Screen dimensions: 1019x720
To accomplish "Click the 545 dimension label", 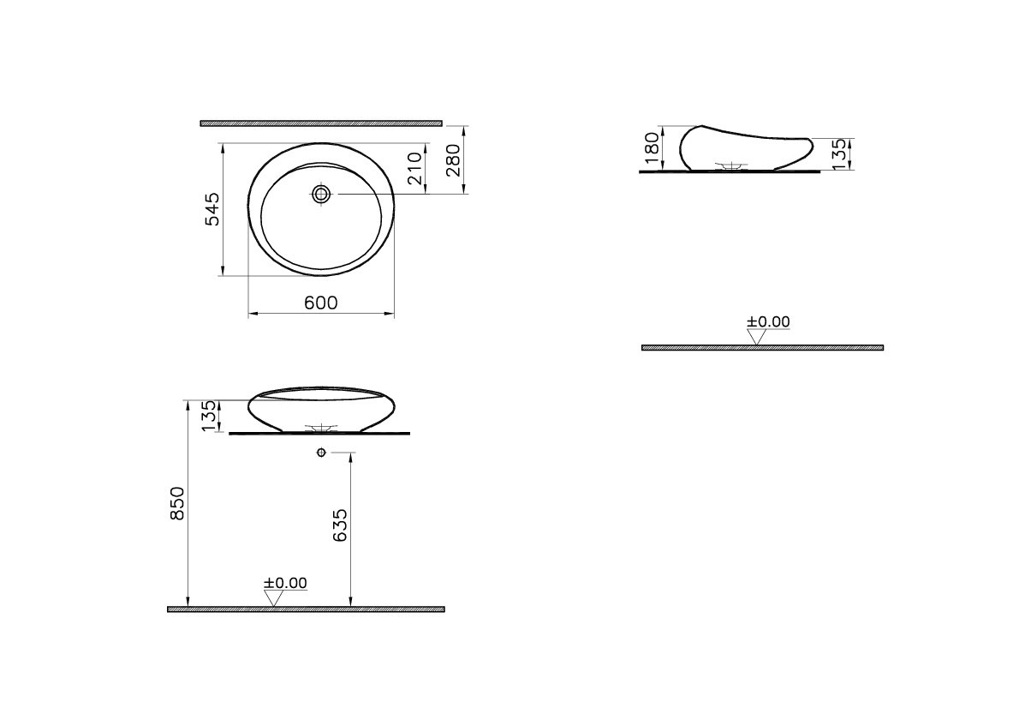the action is [x=212, y=209].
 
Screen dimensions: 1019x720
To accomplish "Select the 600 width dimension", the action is [x=321, y=303].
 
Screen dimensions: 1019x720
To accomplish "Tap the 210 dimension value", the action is [x=415, y=169].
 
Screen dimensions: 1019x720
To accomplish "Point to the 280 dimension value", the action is [x=453, y=160].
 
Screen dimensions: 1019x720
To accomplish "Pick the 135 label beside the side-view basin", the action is [x=840, y=154].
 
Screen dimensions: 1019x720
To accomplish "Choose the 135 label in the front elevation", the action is [x=209, y=417].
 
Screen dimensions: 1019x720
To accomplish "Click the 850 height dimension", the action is [x=177, y=503].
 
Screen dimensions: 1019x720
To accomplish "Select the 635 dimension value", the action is [x=340, y=525].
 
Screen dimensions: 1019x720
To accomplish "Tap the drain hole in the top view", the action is [x=321, y=193].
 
